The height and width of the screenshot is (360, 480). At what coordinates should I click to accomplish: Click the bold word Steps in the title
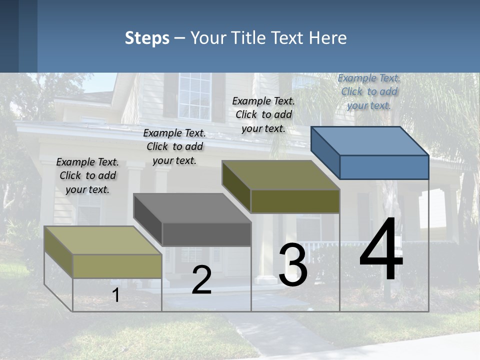[x=147, y=38]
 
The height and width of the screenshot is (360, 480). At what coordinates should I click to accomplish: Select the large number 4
[x=381, y=251]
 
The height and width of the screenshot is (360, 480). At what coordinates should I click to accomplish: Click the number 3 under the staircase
[x=292, y=265]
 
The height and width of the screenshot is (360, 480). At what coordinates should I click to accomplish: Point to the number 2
[x=201, y=280]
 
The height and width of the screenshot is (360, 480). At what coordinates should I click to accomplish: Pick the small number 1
[x=115, y=295]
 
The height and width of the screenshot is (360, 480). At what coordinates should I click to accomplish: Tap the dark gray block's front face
[x=206, y=234]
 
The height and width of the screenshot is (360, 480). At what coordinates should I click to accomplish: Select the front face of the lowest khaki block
[x=117, y=266]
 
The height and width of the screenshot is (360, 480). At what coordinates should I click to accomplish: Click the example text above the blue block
[x=369, y=91]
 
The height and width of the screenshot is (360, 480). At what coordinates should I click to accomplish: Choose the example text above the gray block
[x=174, y=146]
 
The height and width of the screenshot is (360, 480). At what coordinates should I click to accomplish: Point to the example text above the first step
[x=87, y=175]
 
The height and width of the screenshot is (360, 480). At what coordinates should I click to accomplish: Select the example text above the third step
[x=263, y=114]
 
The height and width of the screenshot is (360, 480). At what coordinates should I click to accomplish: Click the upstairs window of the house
[x=195, y=96]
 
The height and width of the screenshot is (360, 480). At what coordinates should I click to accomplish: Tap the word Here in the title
[x=328, y=38]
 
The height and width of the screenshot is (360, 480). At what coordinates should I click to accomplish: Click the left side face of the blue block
[x=325, y=152]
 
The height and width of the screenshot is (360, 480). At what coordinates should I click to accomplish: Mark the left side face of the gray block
[x=148, y=218]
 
